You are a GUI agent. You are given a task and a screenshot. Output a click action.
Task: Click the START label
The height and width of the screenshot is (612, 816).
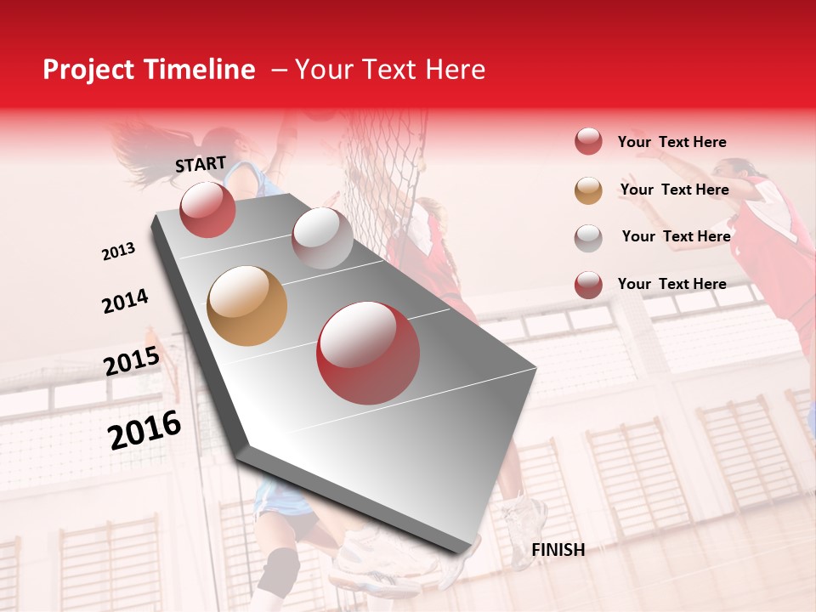coord(201,164)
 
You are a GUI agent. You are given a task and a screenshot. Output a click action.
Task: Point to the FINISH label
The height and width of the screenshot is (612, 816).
coord(558,550)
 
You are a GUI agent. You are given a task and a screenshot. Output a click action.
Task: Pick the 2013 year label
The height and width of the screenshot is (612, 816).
coord(118,252)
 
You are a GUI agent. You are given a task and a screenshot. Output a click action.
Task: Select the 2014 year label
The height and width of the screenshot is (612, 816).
coord(125,302)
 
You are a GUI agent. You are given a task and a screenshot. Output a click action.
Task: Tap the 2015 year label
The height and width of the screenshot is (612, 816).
coord(132,362)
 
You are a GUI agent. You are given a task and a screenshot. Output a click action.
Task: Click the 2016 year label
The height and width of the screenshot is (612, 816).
coord(144,430)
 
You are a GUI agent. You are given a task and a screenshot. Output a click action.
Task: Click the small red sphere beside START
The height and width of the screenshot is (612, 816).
coord(207,210)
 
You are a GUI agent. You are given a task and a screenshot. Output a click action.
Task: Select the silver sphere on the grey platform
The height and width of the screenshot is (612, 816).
coord(322,237)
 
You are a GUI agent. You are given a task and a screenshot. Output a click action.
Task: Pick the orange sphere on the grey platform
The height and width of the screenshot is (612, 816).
coord(247,306)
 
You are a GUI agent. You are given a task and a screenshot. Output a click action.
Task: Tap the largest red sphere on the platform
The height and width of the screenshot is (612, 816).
coord(368,354)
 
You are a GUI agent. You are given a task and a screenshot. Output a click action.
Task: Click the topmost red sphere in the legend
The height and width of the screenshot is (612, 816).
coord(588,142)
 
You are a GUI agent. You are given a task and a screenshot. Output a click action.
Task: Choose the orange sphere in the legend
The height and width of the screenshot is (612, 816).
coord(588,190)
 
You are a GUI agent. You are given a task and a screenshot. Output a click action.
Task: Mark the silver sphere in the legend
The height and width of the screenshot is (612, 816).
coord(588,238)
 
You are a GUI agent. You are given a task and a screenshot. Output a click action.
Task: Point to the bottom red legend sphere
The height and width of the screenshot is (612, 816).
coord(588,285)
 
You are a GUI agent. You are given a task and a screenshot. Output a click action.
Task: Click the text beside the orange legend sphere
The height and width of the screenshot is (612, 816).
coord(674,190)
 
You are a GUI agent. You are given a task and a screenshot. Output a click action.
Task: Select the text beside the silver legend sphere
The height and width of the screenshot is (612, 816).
coord(676,236)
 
